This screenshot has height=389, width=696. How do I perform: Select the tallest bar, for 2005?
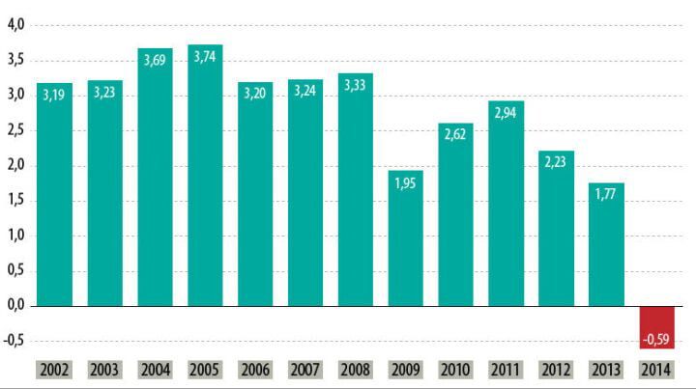point(205,193)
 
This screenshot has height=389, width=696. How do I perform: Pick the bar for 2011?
point(506,212)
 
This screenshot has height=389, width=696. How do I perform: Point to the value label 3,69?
point(155,61)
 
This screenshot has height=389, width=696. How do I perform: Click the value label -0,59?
point(656,338)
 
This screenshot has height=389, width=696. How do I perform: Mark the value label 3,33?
point(355,86)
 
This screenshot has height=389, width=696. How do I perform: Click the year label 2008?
point(355,369)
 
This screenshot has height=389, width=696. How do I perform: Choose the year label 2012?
point(556,369)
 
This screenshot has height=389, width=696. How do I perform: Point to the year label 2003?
point(104,369)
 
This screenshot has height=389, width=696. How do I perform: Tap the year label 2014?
point(656,369)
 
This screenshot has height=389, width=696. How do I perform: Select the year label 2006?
point(254,369)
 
